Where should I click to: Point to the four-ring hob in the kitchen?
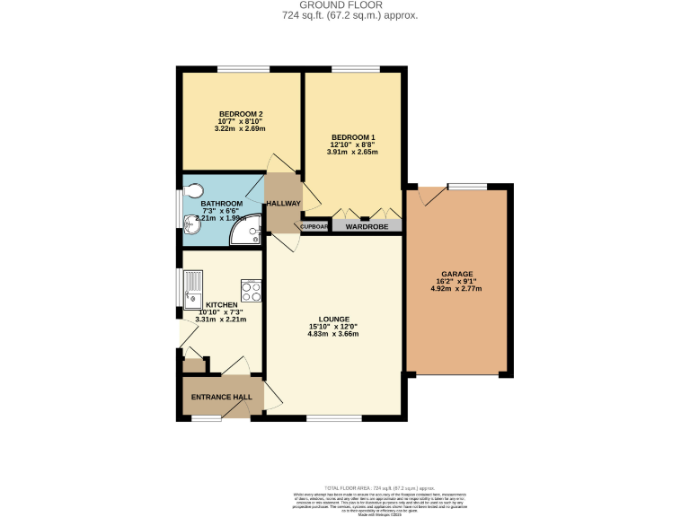[x=251, y=291]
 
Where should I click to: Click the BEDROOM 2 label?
[x=241, y=113]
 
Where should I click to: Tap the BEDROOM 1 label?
[x=352, y=136]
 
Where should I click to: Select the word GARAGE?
[x=456, y=274]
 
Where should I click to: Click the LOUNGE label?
[x=332, y=319]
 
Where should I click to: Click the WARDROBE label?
[x=366, y=226]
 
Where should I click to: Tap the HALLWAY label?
[x=282, y=204]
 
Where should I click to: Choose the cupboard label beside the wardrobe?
[x=314, y=226]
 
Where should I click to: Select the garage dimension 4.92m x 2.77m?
[x=456, y=289]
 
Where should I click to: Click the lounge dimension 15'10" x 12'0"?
[x=332, y=327]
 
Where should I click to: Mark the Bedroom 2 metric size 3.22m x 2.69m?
[x=241, y=128]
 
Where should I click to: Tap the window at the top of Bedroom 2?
[x=243, y=69]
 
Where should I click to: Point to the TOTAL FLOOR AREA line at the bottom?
[x=344, y=485]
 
